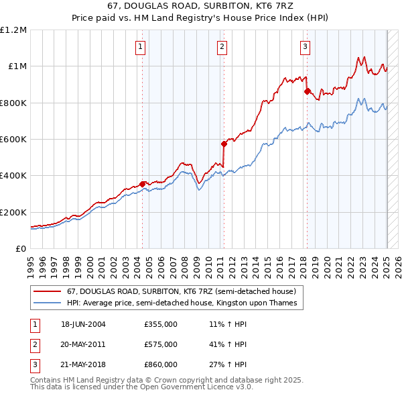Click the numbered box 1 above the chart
pyautogui.click(x=141, y=47)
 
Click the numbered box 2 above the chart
pyautogui.click(x=222, y=47)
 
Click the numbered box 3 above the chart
pyautogui.click(x=305, y=47)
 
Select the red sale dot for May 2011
pyautogui.click(x=224, y=143)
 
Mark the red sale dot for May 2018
pyautogui.click(x=307, y=91)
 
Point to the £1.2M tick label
pyautogui.click(x=13, y=30)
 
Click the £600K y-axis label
pyautogui.click(x=13, y=140)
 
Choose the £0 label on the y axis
pyautogui.click(x=20, y=249)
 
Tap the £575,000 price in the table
pyautogui.click(x=161, y=344)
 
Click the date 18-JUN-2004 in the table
pyautogui.click(x=83, y=324)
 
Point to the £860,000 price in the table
pyautogui.click(x=161, y=364)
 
